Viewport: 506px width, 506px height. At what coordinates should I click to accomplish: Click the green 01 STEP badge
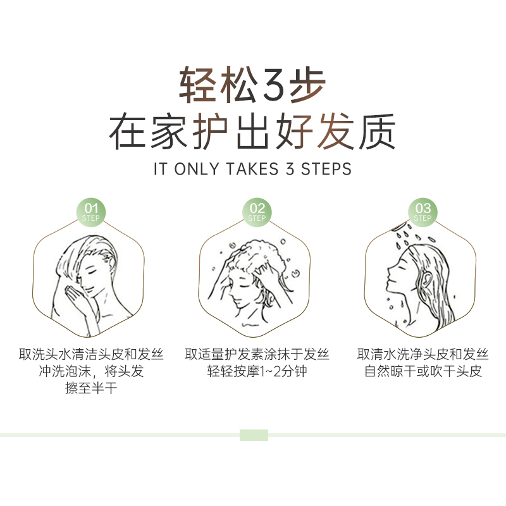coord(92,211)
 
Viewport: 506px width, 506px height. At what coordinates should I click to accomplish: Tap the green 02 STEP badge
coord(257,211)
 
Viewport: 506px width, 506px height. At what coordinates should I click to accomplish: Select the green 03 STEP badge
coord(423,211)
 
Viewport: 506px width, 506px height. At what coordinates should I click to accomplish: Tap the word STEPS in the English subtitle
coord(326,170)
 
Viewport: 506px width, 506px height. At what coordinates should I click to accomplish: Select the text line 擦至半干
coord(92,388)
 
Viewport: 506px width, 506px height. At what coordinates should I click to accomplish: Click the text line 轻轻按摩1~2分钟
coord(257,371)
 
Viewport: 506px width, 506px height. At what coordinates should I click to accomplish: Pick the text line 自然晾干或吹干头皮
coord(423,371)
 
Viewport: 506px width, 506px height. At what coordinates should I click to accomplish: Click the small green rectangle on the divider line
coord(254,435)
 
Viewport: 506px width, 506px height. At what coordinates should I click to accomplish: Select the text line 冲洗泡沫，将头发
coord(92,371)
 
